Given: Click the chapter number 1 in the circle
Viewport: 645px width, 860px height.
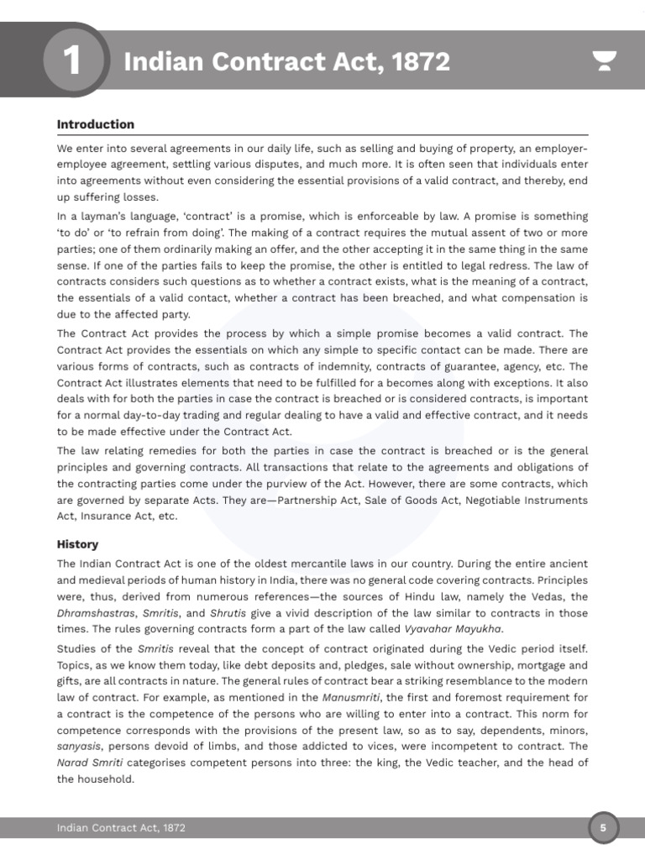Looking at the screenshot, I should coord(73,61).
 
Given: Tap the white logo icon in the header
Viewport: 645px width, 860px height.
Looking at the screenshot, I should coord(605,61).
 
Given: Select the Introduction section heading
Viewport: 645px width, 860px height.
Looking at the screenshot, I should coord(95,124).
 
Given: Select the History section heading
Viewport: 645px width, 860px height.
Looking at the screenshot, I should coord(77,544).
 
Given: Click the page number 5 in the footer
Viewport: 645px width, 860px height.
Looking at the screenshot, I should coord(603,828).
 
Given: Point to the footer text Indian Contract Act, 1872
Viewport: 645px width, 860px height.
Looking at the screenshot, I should coord(121,828).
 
